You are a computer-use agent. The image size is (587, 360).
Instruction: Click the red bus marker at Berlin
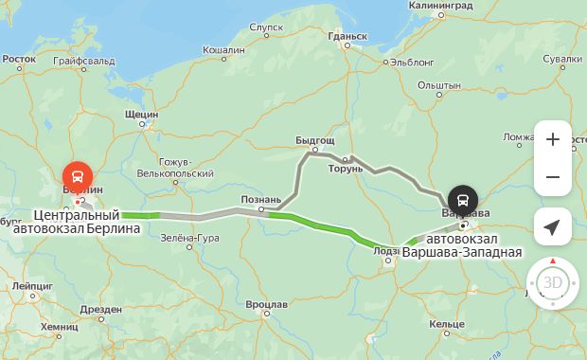tap(77, 176)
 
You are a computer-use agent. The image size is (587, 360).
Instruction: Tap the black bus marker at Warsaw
tap(463, 199)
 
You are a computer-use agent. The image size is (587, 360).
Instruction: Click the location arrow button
tap(553, 227)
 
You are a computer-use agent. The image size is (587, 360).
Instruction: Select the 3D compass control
tap(553, 282)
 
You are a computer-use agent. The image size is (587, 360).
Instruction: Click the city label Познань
tap(260, 200)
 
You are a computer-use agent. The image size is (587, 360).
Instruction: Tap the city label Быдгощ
tap(315, 140)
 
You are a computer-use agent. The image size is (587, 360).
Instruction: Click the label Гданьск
tap(347, 37)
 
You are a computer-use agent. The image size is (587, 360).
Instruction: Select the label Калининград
tap(440, 6)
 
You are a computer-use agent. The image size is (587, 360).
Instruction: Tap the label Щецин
tap(141, 114)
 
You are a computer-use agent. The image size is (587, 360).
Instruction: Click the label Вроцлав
tap(266, 304)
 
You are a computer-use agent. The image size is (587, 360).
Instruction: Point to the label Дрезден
tap(101, 309)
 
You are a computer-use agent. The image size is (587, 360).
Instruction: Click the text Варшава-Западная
tap(462, 252)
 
